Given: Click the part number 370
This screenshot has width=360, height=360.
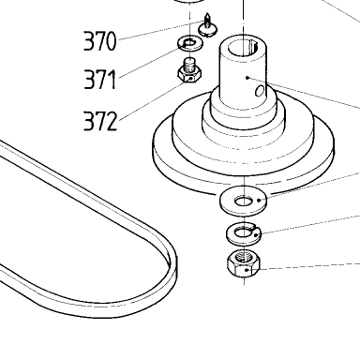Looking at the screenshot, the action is click(100, 40).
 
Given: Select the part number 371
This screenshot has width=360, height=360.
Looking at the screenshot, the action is click(100, 80).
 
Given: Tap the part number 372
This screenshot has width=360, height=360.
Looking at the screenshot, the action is click(100, 121).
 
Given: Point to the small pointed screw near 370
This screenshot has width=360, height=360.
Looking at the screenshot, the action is click(207, 25).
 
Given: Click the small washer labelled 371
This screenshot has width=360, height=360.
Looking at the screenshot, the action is click(190, 43).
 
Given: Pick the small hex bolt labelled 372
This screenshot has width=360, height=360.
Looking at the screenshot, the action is click(189, 70).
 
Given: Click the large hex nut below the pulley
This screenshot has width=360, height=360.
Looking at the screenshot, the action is click(244, 263).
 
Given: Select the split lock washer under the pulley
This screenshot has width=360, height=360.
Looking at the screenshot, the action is click(244, 233).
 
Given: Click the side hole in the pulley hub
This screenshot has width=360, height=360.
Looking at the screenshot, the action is click(260, 91).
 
